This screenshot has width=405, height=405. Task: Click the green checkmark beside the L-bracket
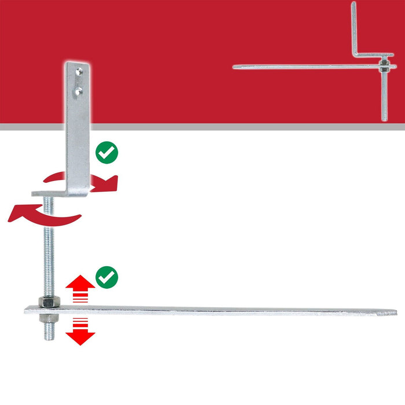tap(106, 153)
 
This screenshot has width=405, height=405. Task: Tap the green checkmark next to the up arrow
tap(106, 277)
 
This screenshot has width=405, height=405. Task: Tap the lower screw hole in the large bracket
tap(79, 90)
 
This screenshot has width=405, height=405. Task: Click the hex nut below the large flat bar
tap(46, 320)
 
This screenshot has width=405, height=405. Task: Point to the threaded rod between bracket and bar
tap(46, 243)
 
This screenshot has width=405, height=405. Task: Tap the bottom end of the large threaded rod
tap(47, 337)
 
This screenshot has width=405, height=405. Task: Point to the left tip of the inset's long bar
tap(234, 65)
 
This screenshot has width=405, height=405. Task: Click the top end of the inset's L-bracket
tap(354, 5)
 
